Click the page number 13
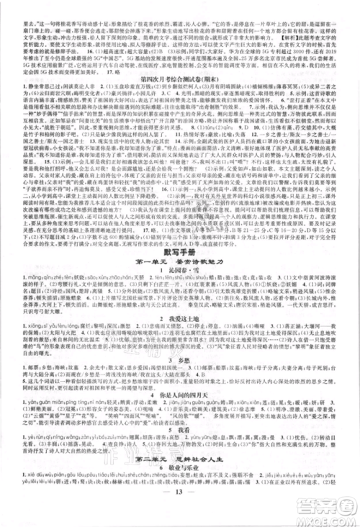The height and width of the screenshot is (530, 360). [180, 513]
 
